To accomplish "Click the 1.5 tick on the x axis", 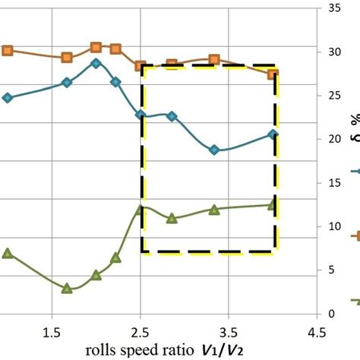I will (x=51, y=333).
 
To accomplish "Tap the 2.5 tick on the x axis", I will (x=141, y=333).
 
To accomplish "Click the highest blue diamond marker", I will (x=96, y=63).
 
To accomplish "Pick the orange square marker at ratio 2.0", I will (x=96, y=47).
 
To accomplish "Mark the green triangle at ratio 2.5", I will (x=141, y=210).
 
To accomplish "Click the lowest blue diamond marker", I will (x=214, y=150).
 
